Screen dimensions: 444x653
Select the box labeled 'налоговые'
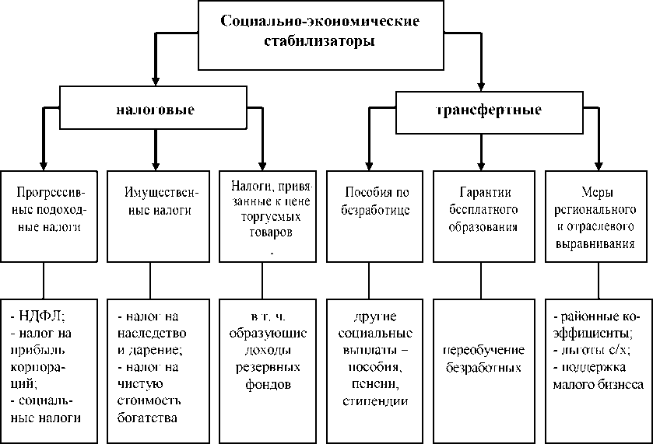point(155,110)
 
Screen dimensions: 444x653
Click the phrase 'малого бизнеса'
point(598,384)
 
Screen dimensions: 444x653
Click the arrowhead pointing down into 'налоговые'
point(155,81)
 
